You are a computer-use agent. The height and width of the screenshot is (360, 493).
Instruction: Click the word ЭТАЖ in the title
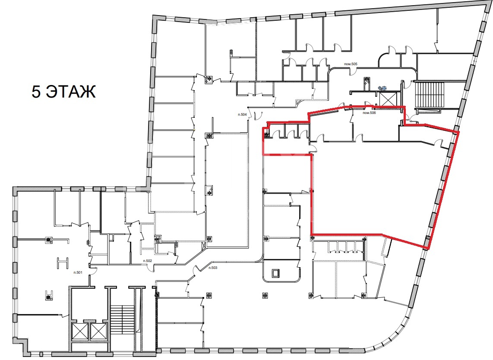[x=71, y=92]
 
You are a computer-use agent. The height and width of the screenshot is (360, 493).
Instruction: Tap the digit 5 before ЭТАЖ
[x=36, y=92]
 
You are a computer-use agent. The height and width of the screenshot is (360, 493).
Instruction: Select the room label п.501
[x=78, y=273]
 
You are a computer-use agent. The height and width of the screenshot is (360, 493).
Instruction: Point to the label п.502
[x=148, y=261]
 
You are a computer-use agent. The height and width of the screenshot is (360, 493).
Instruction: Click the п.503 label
[x=213, y=268]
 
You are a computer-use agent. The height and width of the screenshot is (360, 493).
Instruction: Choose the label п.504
[x=242, y=115]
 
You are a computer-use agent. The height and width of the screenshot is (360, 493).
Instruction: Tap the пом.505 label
[x=351, y=64]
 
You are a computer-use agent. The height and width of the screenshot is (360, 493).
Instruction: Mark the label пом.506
[x=369, y=113]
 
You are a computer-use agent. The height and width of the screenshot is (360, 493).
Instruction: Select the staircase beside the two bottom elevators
[x=123, y=321]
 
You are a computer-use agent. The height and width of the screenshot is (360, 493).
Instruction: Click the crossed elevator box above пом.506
[x=387, y=100]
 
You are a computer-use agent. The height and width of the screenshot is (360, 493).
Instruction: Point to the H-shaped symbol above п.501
[x=63, y=263]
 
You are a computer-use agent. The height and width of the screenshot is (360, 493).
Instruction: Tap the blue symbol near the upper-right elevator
[x=382, y=88]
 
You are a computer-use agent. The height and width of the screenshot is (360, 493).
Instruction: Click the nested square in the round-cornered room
[x=275, y=273]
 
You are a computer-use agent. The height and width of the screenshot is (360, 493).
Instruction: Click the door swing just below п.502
[x=151, y=268]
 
